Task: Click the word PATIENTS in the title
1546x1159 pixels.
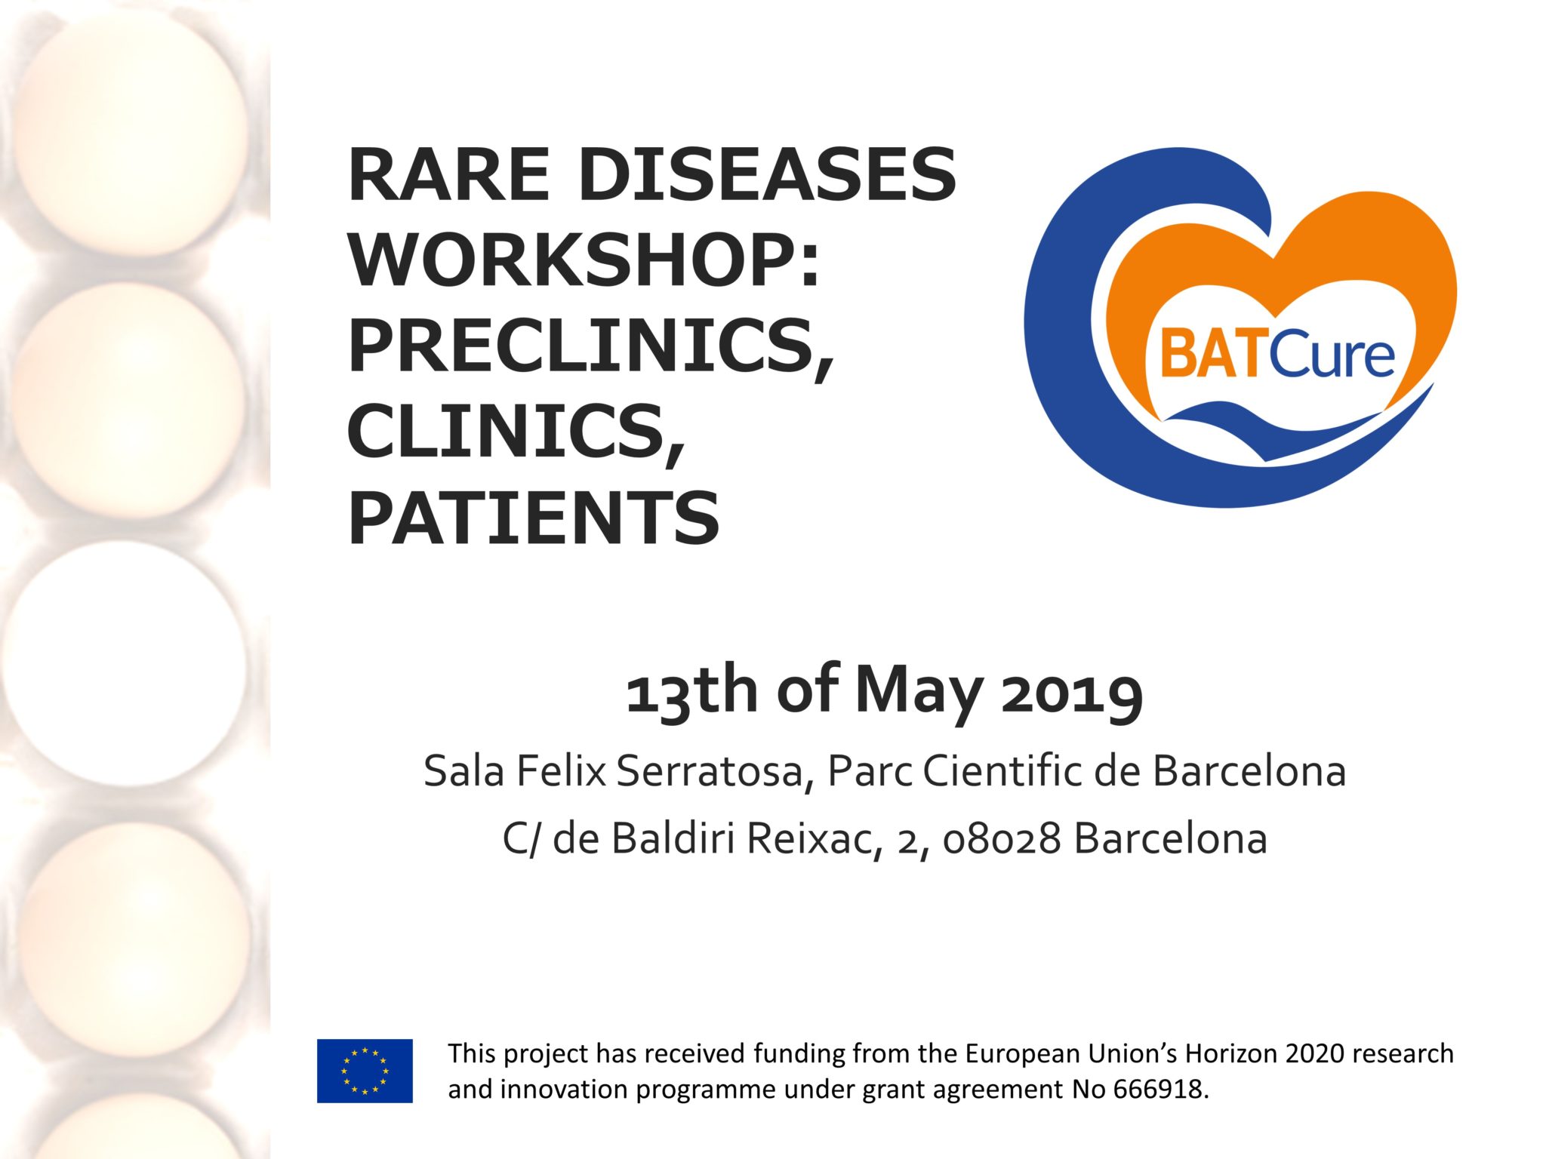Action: (x=534, y=517)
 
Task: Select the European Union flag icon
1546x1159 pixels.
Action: (x=365, y=1071)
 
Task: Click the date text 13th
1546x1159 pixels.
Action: (x=692, y=691)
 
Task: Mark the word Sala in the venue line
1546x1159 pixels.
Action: (x=463, y=771)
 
